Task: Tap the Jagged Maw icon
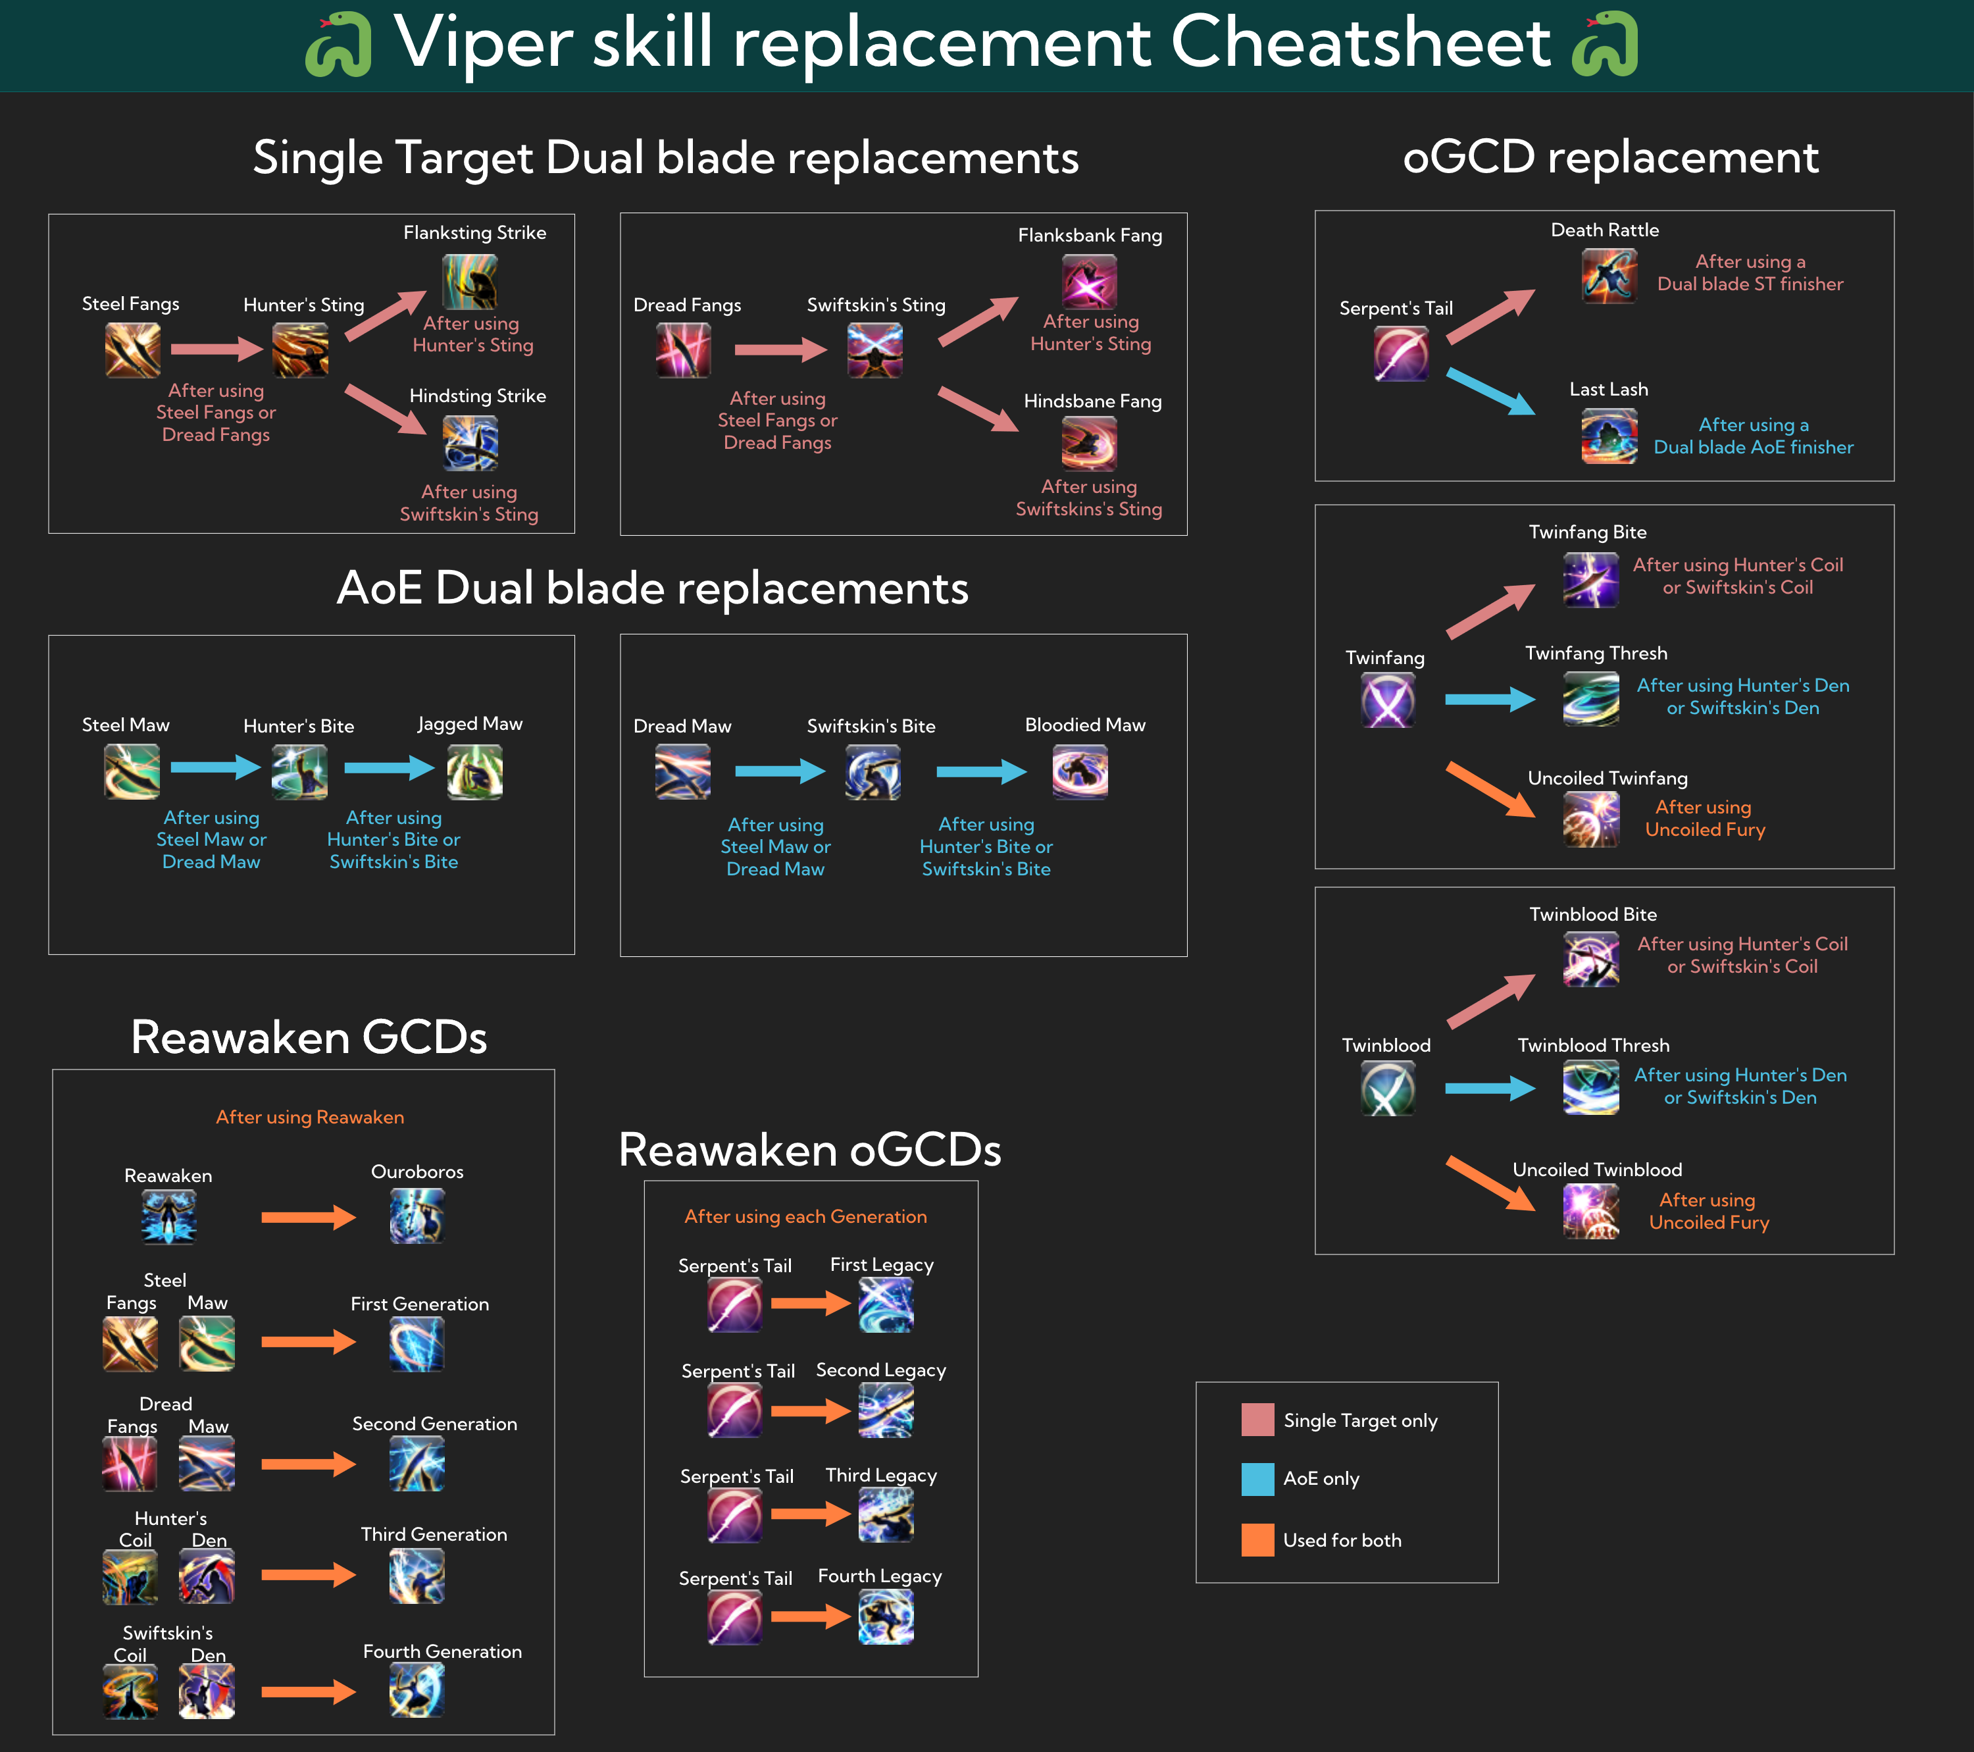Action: pos(474,773)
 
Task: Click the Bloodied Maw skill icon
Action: pos(1080,773)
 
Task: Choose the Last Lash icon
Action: pos(1609,436)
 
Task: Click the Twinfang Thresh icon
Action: pos(1590,698)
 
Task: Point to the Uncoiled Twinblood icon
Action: pos(1590,1211)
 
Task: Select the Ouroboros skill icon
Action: pos(417,1216)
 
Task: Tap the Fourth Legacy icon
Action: pos(886,1617)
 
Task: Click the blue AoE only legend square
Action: pos(1257,1479)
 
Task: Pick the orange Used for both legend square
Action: pos(1257,1539)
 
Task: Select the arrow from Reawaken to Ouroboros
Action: pos(308,1217)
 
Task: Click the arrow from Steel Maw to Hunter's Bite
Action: pos(215,768)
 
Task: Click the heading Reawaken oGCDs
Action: pos(809,1149)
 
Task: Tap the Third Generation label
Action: pos(434,1533)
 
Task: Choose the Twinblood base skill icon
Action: pos(1388,1089)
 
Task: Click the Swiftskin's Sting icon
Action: pos(875,349)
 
